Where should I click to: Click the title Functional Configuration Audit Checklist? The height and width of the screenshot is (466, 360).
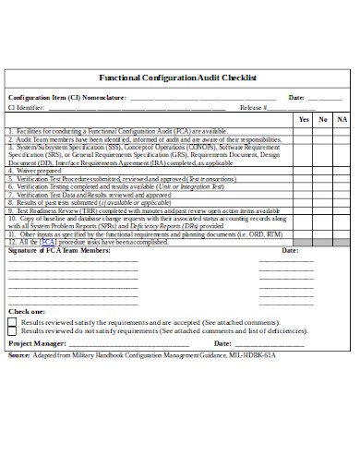176,78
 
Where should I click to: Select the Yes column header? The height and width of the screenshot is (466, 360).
304,119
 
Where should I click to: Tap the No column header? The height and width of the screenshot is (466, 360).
323,119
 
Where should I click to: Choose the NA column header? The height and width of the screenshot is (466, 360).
342,119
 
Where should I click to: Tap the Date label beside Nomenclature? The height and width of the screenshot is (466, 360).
296,97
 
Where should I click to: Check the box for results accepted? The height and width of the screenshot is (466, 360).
12,321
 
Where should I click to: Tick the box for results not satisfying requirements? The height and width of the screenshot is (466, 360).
12,329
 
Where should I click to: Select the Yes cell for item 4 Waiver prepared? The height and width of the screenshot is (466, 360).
304,170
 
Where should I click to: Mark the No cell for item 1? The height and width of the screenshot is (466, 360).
323,131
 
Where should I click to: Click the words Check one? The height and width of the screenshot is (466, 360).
26,312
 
